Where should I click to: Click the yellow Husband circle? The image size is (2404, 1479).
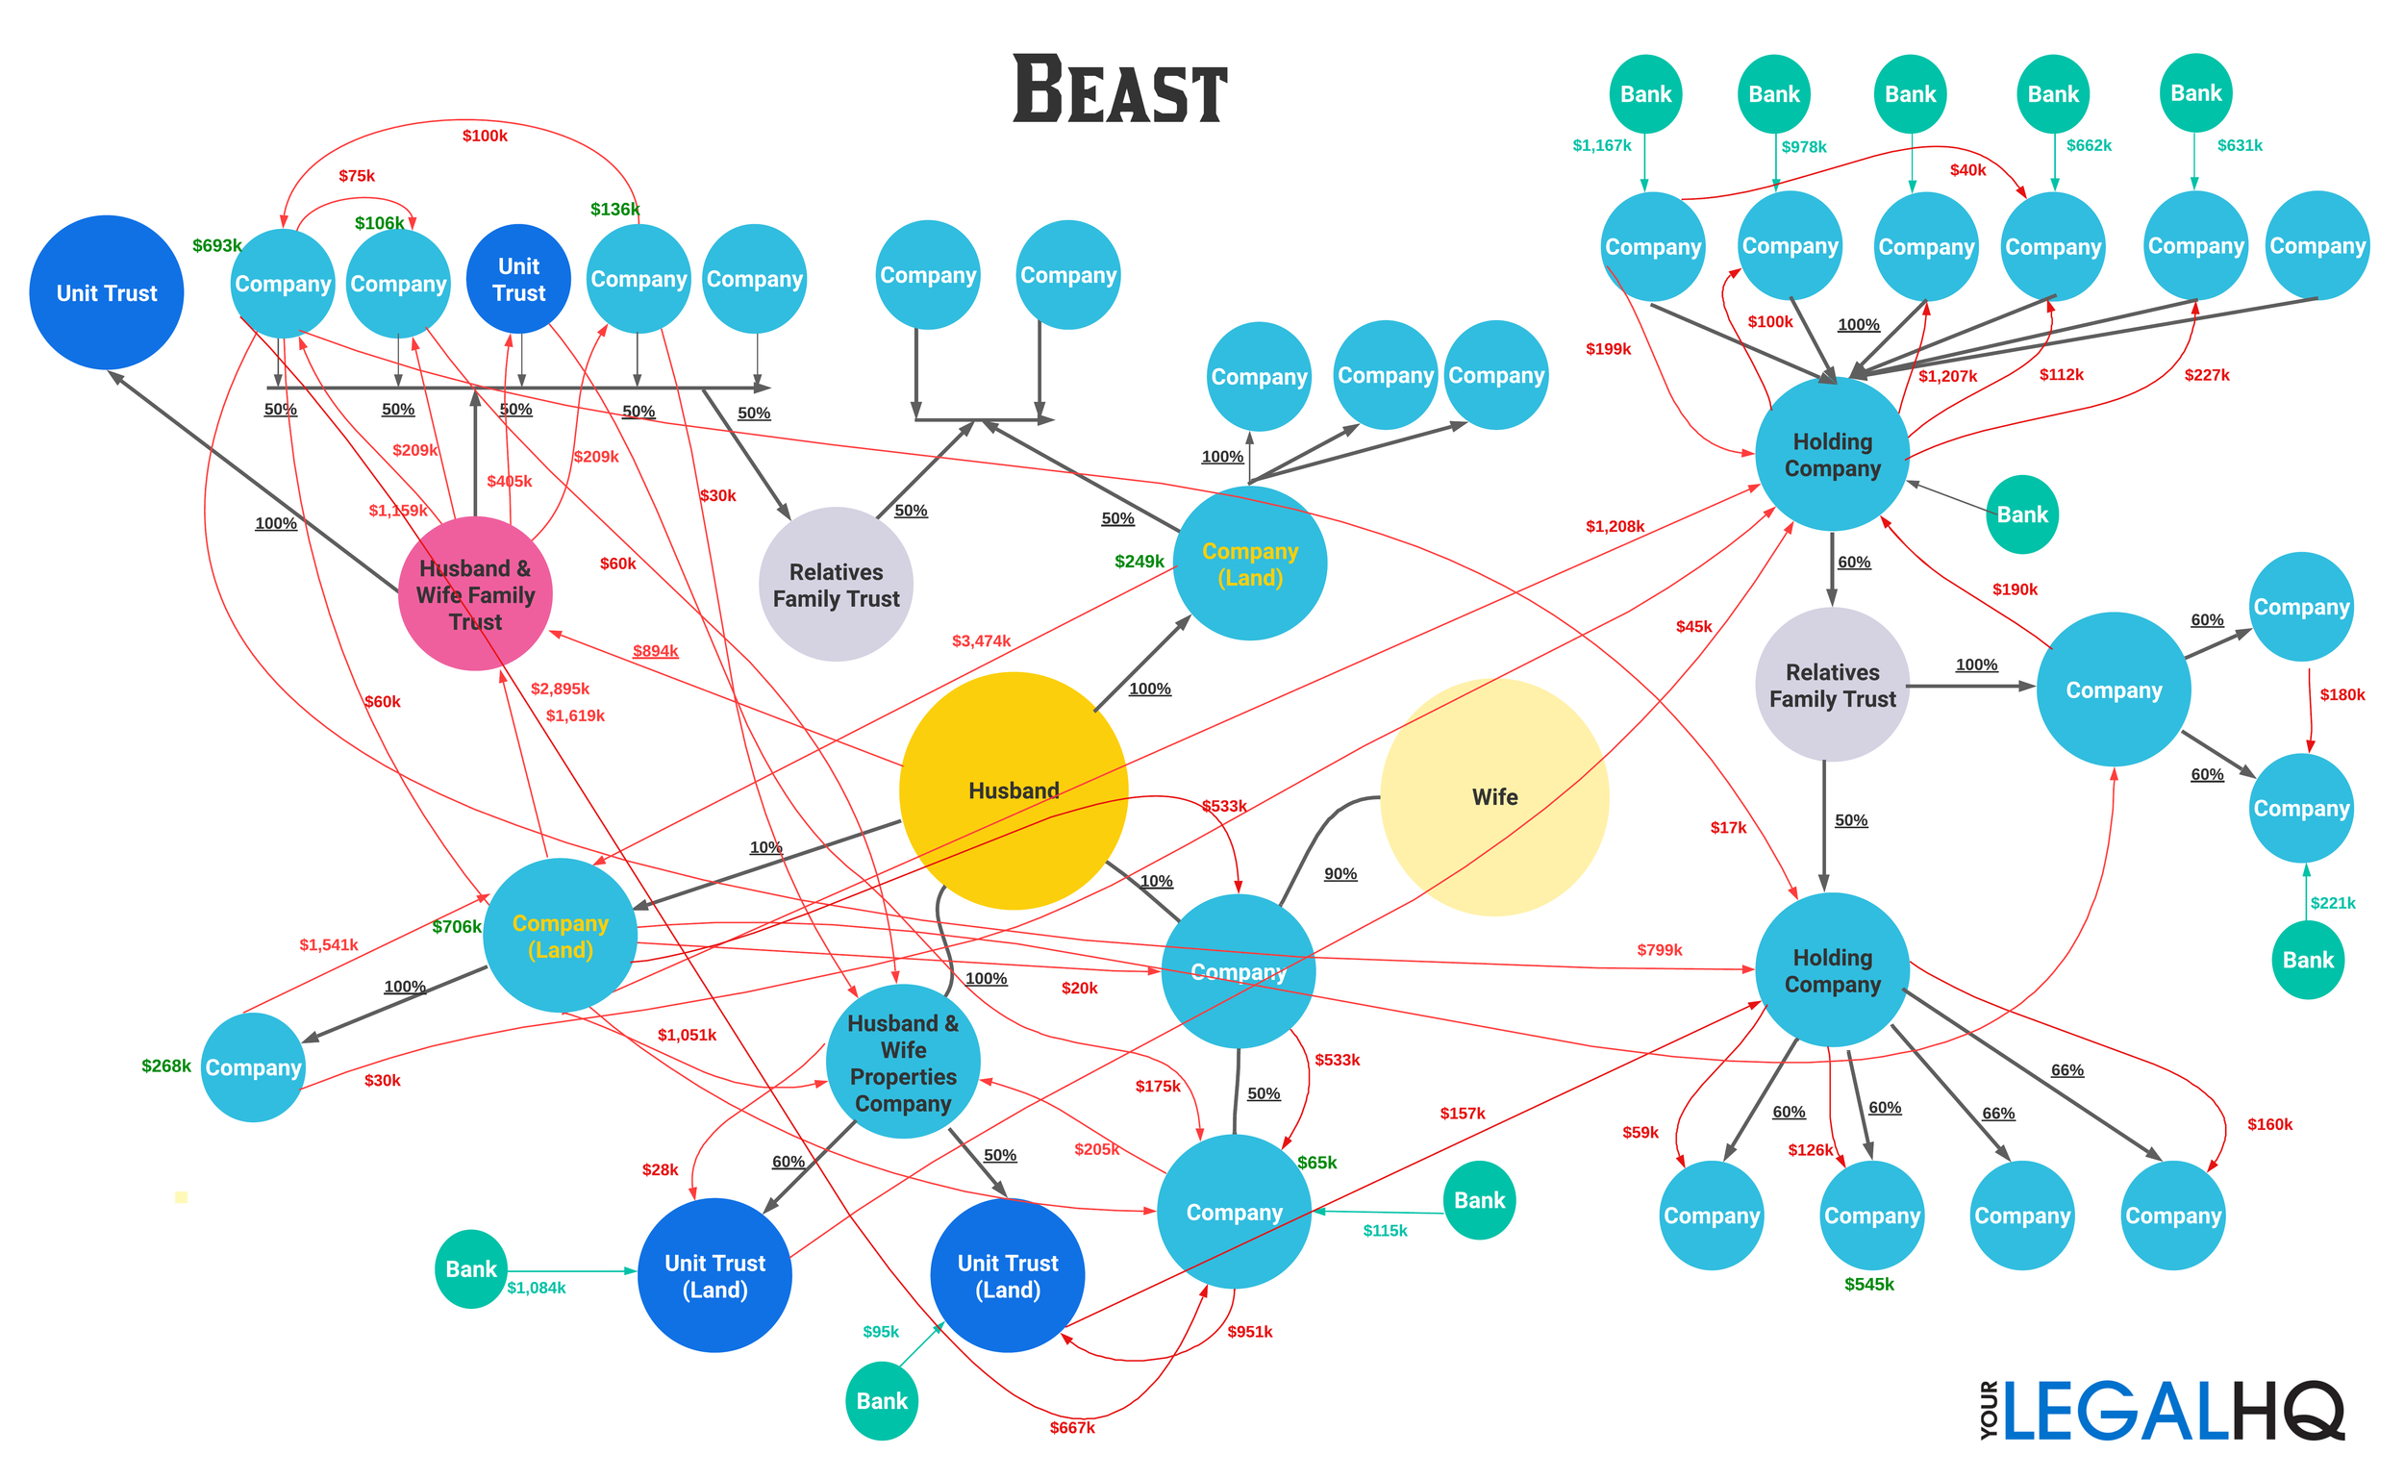[1014, 790]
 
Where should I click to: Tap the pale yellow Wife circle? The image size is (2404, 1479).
[1493, 797]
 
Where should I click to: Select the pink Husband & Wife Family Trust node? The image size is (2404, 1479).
[475, 593]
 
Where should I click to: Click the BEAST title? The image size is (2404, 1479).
[1120, 90]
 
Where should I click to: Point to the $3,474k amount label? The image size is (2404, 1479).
[981, 640]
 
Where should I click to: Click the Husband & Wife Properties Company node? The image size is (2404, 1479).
[903, 1063]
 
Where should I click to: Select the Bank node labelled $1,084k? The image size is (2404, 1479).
[471, 1268]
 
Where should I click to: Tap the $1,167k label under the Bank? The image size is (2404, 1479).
[1601, 146]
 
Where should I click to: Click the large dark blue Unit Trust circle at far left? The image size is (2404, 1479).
[107, 292]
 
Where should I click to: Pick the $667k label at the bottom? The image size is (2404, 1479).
[1072, 1428]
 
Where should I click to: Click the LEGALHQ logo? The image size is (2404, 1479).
[2162, 1412]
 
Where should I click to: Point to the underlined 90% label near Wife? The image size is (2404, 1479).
[1340, 873]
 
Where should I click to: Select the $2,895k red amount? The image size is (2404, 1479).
[560, 689]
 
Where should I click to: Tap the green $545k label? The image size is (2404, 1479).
[1869, 1285]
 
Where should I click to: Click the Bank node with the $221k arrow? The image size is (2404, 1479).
[2307, 960]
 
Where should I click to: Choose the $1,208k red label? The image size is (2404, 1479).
[1615, 526]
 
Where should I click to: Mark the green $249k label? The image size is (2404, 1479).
[1139, 562]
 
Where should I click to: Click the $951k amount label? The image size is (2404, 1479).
[1250, 1331]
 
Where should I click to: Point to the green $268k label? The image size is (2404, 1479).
[166, 1066]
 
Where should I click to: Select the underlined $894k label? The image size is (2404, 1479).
[655, 650]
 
